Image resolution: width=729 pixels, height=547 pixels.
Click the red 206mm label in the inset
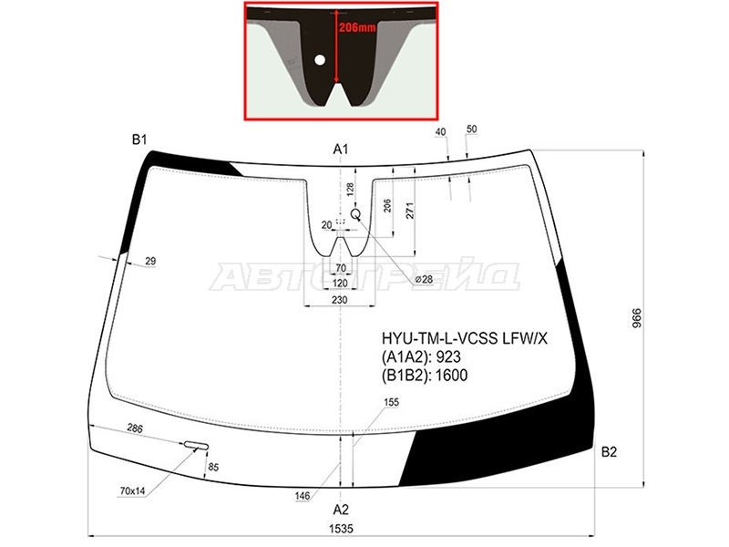(356, 27)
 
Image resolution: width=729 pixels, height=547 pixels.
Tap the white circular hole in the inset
(320, 60)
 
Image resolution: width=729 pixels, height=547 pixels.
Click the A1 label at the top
(340, 150)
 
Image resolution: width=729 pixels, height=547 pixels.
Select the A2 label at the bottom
(341, 510)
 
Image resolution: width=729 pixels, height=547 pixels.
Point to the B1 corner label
(139, 139)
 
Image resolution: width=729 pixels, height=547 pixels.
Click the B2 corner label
(609, 451)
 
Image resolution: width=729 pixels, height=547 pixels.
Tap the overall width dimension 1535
(341, 529)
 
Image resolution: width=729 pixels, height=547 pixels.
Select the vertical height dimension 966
(636, 318)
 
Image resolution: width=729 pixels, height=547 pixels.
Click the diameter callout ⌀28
(424, 279)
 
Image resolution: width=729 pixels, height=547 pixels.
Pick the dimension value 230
(339, 300)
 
